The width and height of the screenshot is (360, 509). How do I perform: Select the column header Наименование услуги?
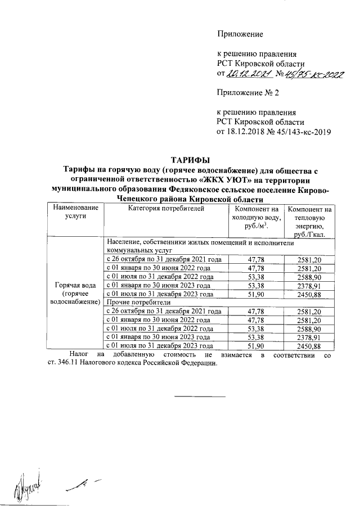(75, 213)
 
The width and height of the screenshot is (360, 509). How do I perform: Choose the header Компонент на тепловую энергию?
(309, 220)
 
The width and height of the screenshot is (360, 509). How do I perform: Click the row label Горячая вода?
(75, 285)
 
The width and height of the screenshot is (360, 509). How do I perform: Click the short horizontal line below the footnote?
(201, 397)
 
